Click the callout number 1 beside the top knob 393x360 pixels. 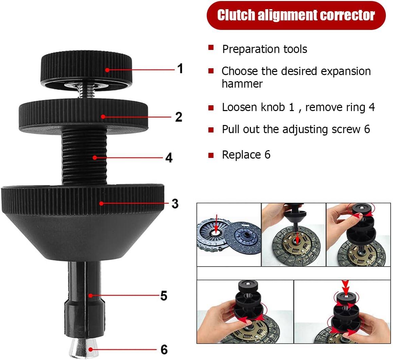180,69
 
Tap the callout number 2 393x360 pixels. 178,117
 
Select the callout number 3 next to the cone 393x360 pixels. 175,203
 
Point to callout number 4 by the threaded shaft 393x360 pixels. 169,158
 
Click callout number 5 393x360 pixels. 164,296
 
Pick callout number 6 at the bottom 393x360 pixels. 164,349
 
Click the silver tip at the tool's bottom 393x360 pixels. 84,348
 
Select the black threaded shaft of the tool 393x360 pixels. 84,155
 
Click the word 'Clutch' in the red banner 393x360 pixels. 236,15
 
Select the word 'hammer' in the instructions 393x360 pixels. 242,84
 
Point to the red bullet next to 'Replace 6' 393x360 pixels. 211,155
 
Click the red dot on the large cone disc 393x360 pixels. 101,203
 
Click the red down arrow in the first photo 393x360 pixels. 216,223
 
